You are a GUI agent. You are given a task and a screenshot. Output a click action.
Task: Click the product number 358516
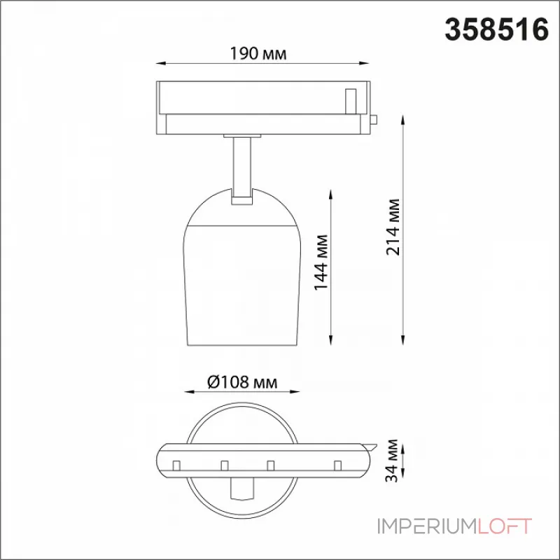tap(496, 29)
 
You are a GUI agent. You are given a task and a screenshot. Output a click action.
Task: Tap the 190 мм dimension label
tap(258, 54)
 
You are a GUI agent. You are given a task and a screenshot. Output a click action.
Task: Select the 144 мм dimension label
tap(321, 262)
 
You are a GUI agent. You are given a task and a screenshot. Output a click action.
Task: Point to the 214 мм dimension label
tap(393, 227)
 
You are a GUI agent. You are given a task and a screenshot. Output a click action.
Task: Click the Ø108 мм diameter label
tap(242, 381)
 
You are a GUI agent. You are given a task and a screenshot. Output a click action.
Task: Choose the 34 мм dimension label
tap(392, 461)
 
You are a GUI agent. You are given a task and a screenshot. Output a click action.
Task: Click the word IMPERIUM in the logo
tap(426, 526)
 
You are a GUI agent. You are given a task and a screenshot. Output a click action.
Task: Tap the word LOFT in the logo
tap(503, 526)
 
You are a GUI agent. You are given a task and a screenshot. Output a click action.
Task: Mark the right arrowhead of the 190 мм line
tap(364, 64)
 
